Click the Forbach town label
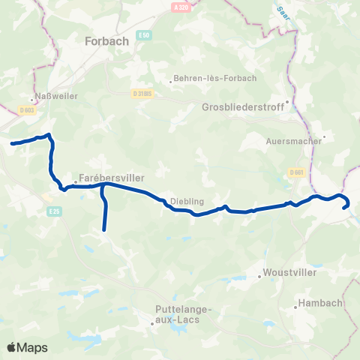click(108, 40)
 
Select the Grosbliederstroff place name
click(243, 107)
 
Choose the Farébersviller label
click(111, 178)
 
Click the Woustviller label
click(286, 274)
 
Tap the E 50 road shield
click(145, 34)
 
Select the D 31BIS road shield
click(142, 94)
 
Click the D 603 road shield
click(28, 111)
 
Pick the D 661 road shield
click(295, 172)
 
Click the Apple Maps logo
click(27, 347)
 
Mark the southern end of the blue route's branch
click(103, 229)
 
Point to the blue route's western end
click(11, 143)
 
